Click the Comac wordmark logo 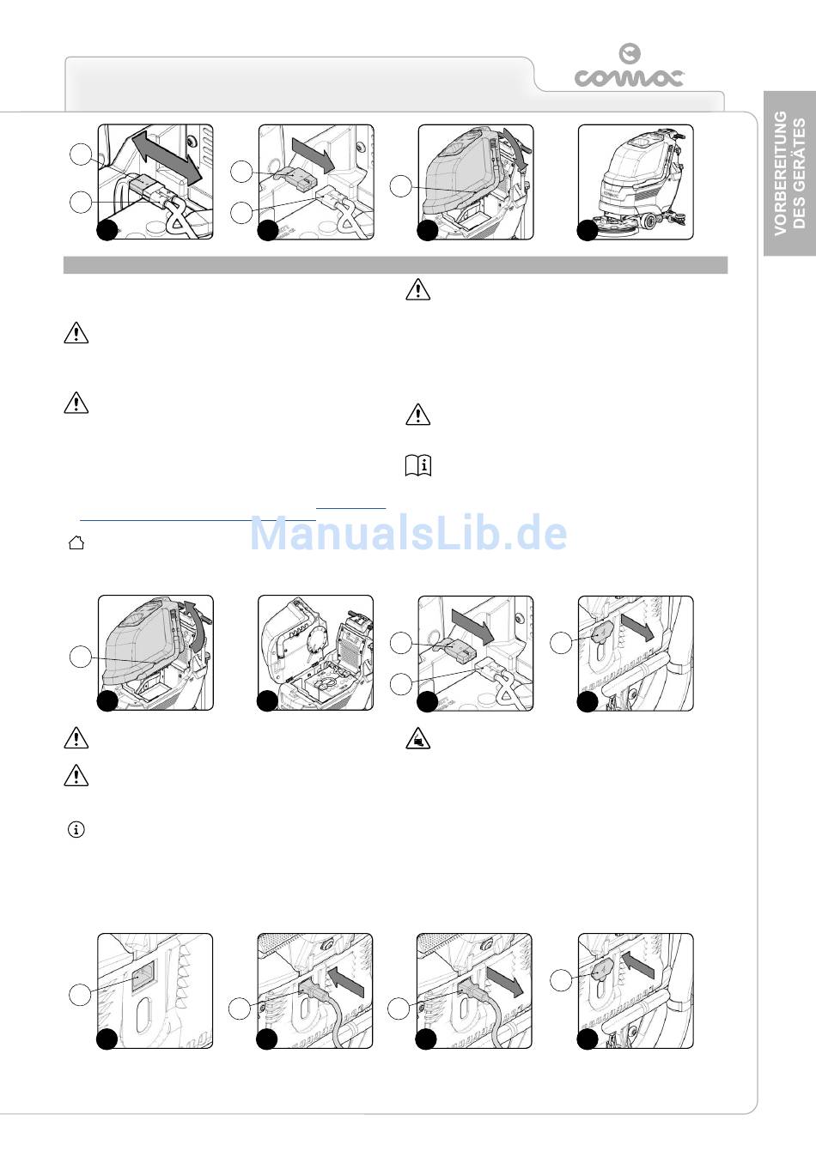(x=629, y=77)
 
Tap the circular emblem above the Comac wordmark (x=630, y=53)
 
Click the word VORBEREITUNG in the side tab (x=780, y=173)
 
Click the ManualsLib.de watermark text (x=408, y=532)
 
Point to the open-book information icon (x=418, y=465)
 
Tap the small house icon (x=76, y=542)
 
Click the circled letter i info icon (x=76, y=829)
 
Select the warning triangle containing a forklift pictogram (x=418, y=738)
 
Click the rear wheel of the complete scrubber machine (x=649, y=221)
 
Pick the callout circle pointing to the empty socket (x=80, y=994)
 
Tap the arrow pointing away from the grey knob (x=638, y=627)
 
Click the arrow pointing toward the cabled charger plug (x=346, y=982)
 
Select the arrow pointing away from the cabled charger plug (x=505, y=982)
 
